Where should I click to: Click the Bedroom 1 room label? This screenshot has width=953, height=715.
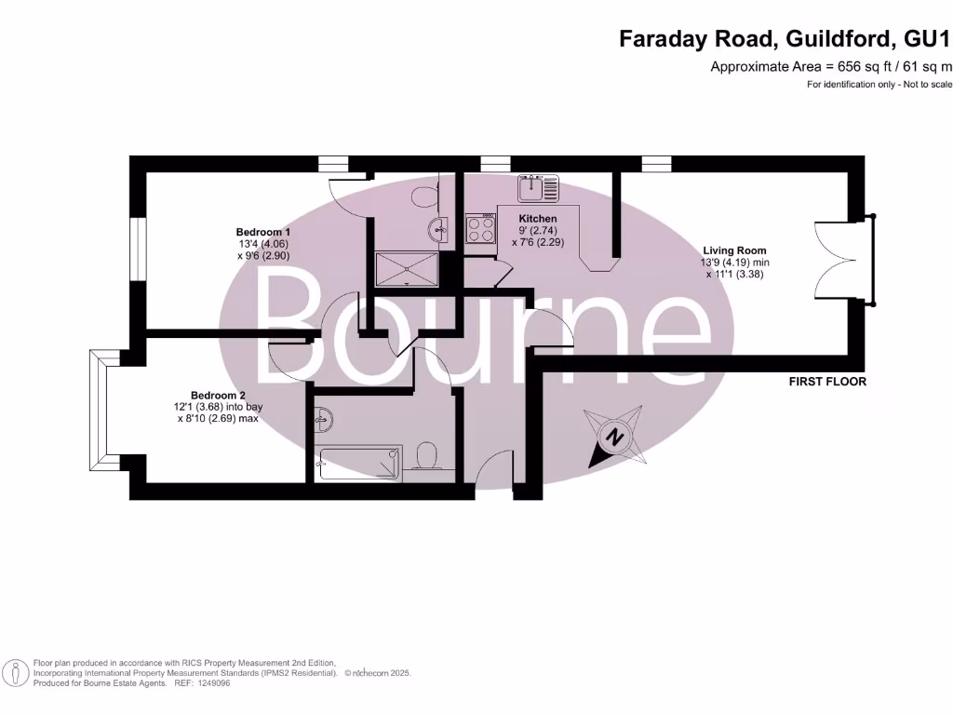[262, 232]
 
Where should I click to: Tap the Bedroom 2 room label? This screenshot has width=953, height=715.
[218, 395]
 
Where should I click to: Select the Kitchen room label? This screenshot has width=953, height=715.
[538, 219]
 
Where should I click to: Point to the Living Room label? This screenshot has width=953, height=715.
[734, 250]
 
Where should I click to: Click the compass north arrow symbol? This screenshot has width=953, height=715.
[614, 437]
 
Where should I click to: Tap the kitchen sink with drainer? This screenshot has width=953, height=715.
[538, 188]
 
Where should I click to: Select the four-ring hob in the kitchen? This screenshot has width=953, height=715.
[480, 229]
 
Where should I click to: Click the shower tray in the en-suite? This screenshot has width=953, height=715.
[407, 268]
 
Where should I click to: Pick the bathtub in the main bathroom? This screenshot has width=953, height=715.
[359, 463]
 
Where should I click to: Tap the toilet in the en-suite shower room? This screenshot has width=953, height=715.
[425, 196]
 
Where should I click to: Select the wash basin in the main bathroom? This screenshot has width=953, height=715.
[323, 419]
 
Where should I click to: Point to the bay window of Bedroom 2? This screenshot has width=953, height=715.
[99, 411]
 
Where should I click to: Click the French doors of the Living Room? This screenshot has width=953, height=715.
[845, 260]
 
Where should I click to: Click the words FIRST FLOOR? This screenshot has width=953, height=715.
[826, 382]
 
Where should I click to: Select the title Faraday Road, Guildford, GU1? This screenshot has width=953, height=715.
[786, 39]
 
